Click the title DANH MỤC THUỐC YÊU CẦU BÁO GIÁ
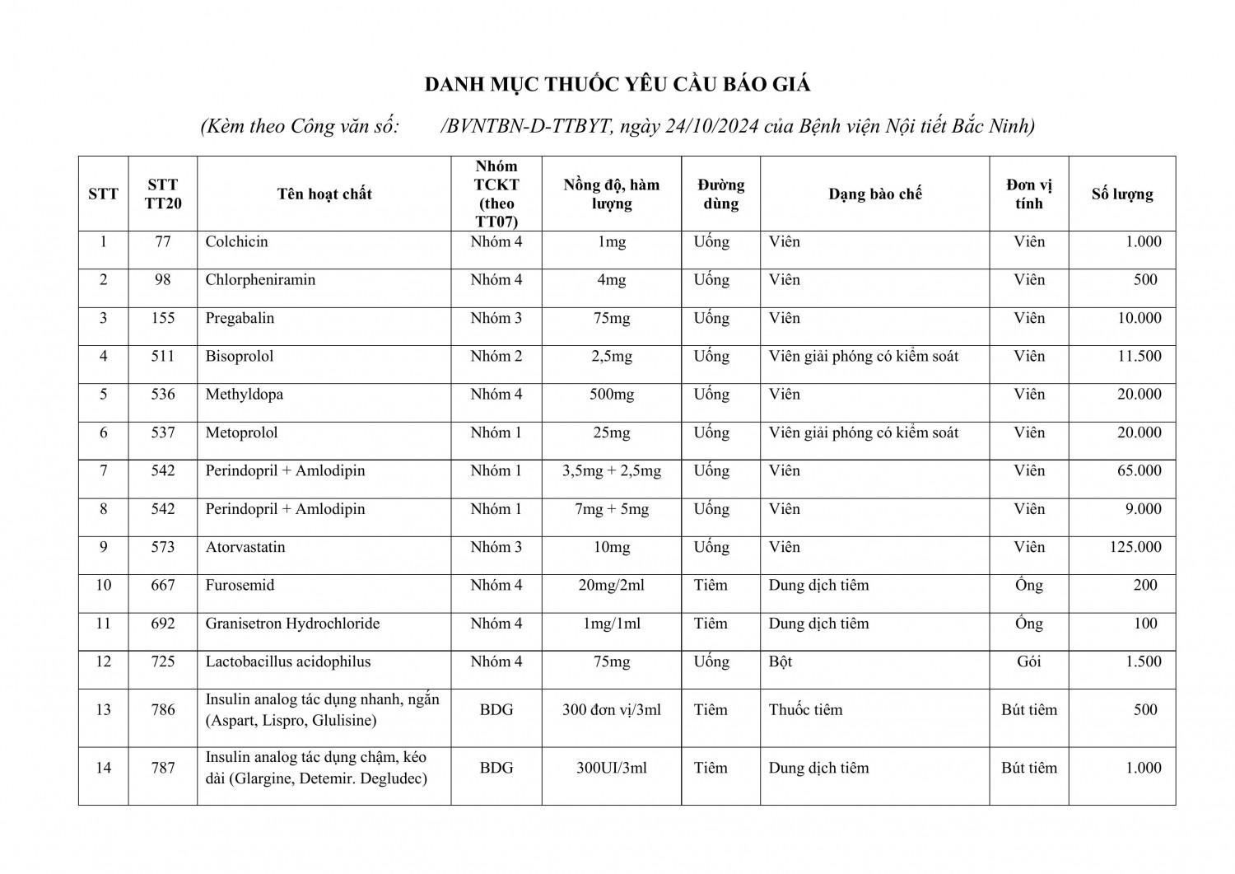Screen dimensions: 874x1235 pyautogui.click(x=617, y=85)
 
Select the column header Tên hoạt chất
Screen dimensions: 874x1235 pyautogui.click(x=324, y=194)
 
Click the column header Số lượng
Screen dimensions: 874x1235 pyautogui.click(x=1122, y=194)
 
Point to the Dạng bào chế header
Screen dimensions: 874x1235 pyautogui.click(x=874, y=194)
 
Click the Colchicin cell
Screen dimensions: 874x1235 pyautogui.click(x=237, y=242)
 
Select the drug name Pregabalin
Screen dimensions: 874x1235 pyautogui.click(x=240, y=319)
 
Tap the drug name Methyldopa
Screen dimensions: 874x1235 pyautogui.click(x=245, y=395)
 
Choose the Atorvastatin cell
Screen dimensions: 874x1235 pyautogui.click(x=245, y=548)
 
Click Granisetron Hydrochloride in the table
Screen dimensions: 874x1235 pyautogui.click(x=292, y=624)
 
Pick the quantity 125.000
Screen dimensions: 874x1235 pyautogui.click(x=1135, y=548)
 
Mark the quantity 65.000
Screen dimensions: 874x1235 pyautogui.click(x=1139, y=471)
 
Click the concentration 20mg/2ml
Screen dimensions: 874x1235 pyautogui.click(x=611, y=586)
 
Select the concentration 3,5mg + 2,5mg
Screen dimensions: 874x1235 pyautogui.click(x=611, y=471)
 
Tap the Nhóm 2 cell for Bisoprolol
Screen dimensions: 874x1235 pyautogui.click(x=496, y=357)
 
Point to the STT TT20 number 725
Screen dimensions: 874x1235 pyautogui.click(x=163, y=662)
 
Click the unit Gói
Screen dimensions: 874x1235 pyautogui.click(x=1029, y=662)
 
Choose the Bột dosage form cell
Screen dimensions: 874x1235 pyautogui.click(x=781, y=662)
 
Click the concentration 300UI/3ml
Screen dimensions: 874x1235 pyautogui.click(x=611, y=769)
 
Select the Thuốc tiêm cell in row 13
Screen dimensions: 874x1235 pyautogui.click(x=805, y=710)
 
